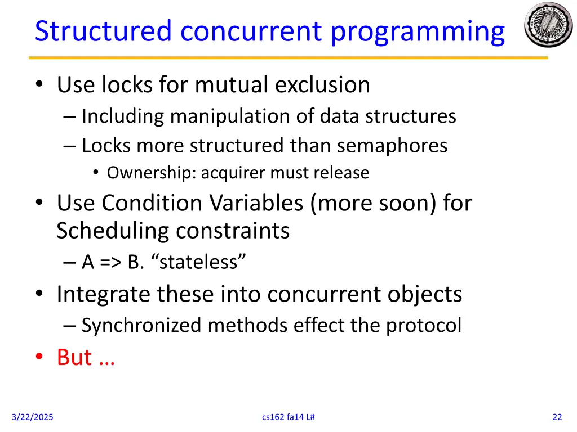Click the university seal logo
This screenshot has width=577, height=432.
(x=548, y=25)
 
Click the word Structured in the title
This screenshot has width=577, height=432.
(x=103, y=31)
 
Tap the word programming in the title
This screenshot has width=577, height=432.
(x=418, y=32)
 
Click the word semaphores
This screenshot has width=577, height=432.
(x=392, y=145)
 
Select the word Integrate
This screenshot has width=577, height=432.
(x=104, y=294)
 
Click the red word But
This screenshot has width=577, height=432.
(x=74, y=357)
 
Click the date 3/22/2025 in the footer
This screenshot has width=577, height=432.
(x=33, y=417)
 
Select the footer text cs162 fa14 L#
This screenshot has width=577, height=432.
(x=288, y=417)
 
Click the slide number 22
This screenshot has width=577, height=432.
(x=557, y=417)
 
